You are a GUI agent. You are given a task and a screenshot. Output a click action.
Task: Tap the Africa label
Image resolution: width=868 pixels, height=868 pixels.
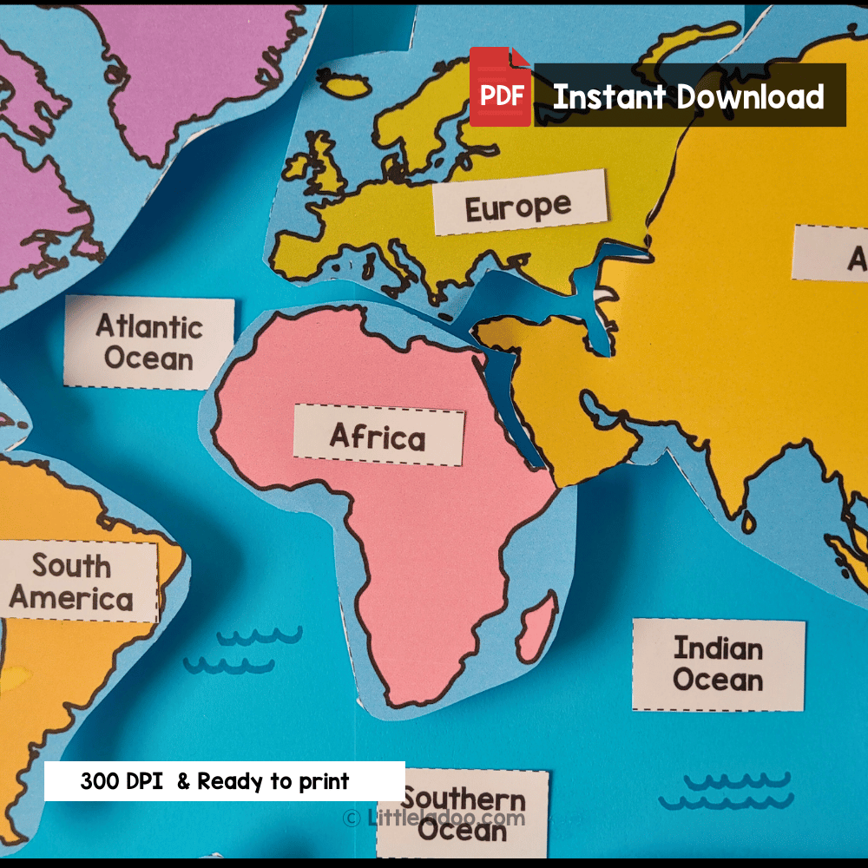tap(378, 436)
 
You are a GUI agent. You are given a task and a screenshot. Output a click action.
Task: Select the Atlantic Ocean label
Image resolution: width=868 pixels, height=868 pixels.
tap(149, 342)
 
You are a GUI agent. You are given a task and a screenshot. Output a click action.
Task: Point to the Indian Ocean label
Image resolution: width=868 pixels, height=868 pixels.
tap(718, 664)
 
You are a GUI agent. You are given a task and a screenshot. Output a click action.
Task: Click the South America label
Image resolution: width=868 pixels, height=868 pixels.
tap(73, 582)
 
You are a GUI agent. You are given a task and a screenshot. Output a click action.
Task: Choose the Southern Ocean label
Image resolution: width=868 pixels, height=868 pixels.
tap(464, 814)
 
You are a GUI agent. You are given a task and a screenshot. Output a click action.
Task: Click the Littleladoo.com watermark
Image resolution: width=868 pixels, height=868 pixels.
tap(434, 818)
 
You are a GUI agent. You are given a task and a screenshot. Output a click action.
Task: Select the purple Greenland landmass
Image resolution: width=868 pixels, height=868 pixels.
tap(200, 69)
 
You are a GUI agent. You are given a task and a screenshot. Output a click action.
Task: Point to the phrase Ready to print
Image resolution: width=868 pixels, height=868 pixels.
tap(273, 781)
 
